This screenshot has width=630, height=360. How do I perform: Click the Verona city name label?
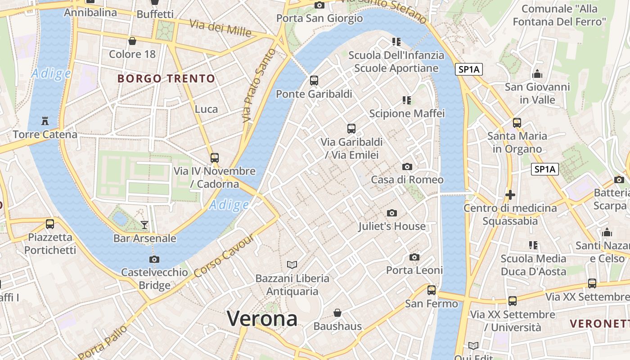(x=262, y=319)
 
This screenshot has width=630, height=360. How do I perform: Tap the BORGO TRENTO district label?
(x=166, y=79)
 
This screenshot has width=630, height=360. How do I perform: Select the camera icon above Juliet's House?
(x=392, y=213)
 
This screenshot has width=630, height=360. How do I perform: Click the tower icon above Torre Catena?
(x=45, y=121)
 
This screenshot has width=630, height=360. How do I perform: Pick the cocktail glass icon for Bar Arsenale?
(x=144, y=225)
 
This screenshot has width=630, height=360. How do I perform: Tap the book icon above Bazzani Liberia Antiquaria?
(x=292, y=265)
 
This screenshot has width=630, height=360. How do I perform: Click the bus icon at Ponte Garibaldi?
(x=314, y=81)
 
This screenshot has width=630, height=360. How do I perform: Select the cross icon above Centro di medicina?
(x=510, y=195)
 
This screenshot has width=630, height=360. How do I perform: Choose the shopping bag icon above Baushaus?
(x=337, y=312)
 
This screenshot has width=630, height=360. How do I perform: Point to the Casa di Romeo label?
(x=407, y=180)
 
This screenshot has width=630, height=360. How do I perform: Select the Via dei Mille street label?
(x=220, y=28)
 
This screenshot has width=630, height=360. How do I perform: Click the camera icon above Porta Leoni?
(x=414, y=257)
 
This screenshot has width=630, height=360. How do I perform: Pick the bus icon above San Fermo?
(x=432, y=290)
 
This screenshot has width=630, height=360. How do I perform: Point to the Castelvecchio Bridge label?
(x=154, y=279)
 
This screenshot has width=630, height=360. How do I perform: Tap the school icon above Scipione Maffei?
(x=407, y=100)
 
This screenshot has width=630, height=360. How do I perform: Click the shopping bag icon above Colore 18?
(x=132, y=41)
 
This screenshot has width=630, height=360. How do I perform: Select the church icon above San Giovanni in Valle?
(x=537, y=74)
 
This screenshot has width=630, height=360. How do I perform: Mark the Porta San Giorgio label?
(x=319, y=18)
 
